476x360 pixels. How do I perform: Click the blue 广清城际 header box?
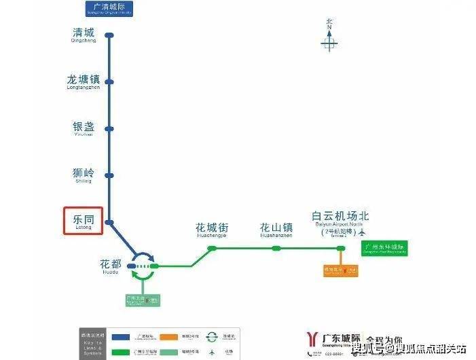coord(109,9)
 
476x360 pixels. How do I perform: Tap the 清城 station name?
coord(84,34)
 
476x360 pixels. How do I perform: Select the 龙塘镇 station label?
coord(83,81)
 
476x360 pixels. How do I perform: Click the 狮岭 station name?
coord(82,174)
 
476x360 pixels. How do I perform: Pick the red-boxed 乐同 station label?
coord(83,221)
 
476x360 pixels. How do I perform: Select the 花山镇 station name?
coord(276,229)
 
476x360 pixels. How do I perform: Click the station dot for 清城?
coord(109,35)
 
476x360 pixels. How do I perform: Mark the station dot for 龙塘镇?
coord(109,82)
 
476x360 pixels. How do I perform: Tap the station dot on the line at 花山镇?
coord(276,249)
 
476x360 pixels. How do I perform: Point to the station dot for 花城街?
coord(212,249)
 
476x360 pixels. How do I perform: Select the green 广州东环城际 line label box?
coord(384,249)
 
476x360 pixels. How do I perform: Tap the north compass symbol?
coord(329,41)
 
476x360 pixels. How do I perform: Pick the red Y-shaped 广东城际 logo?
coord(312,340)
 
